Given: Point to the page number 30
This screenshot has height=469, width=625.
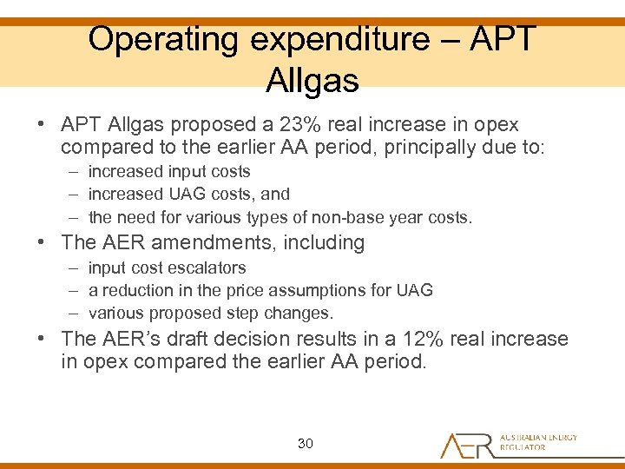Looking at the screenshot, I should pos(305,443).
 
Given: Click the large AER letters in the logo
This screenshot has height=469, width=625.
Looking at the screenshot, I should pos(467,444).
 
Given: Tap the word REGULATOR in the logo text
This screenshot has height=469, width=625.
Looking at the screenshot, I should pos(523,448).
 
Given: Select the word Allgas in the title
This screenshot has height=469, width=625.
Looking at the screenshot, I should pos(312,80).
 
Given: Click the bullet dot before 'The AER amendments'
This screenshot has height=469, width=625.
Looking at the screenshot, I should pos(42,242).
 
